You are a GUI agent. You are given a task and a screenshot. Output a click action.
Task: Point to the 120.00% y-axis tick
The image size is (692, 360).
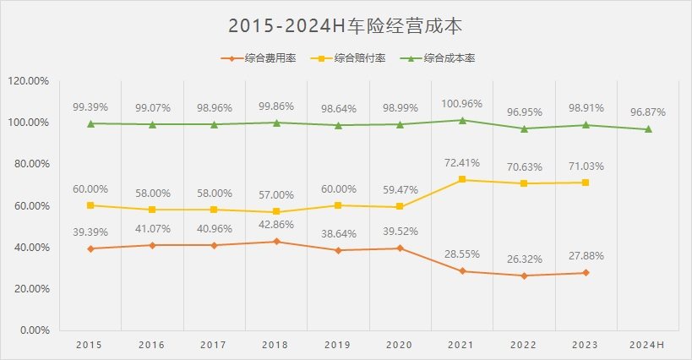click(x=29, y=81)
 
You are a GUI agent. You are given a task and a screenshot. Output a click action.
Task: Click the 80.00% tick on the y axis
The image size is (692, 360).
click(x=31, y=164)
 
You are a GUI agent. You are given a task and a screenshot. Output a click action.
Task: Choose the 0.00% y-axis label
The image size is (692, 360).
click(x=34, y=330)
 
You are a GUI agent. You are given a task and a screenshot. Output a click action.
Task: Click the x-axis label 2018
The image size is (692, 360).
click(x=276, y=345)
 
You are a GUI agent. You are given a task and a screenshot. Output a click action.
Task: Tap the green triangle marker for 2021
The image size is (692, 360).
click(x=462, y=120)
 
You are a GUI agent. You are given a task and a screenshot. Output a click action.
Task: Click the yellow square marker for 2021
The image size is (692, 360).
click(x=462, y=180)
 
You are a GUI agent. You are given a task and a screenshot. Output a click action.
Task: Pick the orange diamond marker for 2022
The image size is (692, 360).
click(x=524, y=275)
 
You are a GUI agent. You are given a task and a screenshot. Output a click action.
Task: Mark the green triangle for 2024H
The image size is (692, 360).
click(x=648, y=129)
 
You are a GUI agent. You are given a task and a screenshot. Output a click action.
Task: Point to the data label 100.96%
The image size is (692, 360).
click(x=462, y=104)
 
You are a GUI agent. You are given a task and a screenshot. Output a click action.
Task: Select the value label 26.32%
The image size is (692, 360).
click(x=524, y=259)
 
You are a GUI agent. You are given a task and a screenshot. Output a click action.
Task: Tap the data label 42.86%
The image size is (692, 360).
click(x=276, y=226)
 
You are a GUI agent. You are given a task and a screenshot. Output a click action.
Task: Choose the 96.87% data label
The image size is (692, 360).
click(x=648, y=111)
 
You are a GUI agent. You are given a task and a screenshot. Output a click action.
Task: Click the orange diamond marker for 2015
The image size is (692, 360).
click(x=90, y=248)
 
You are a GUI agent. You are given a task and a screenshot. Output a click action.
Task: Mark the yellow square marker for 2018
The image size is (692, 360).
click(x=276, y=212)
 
